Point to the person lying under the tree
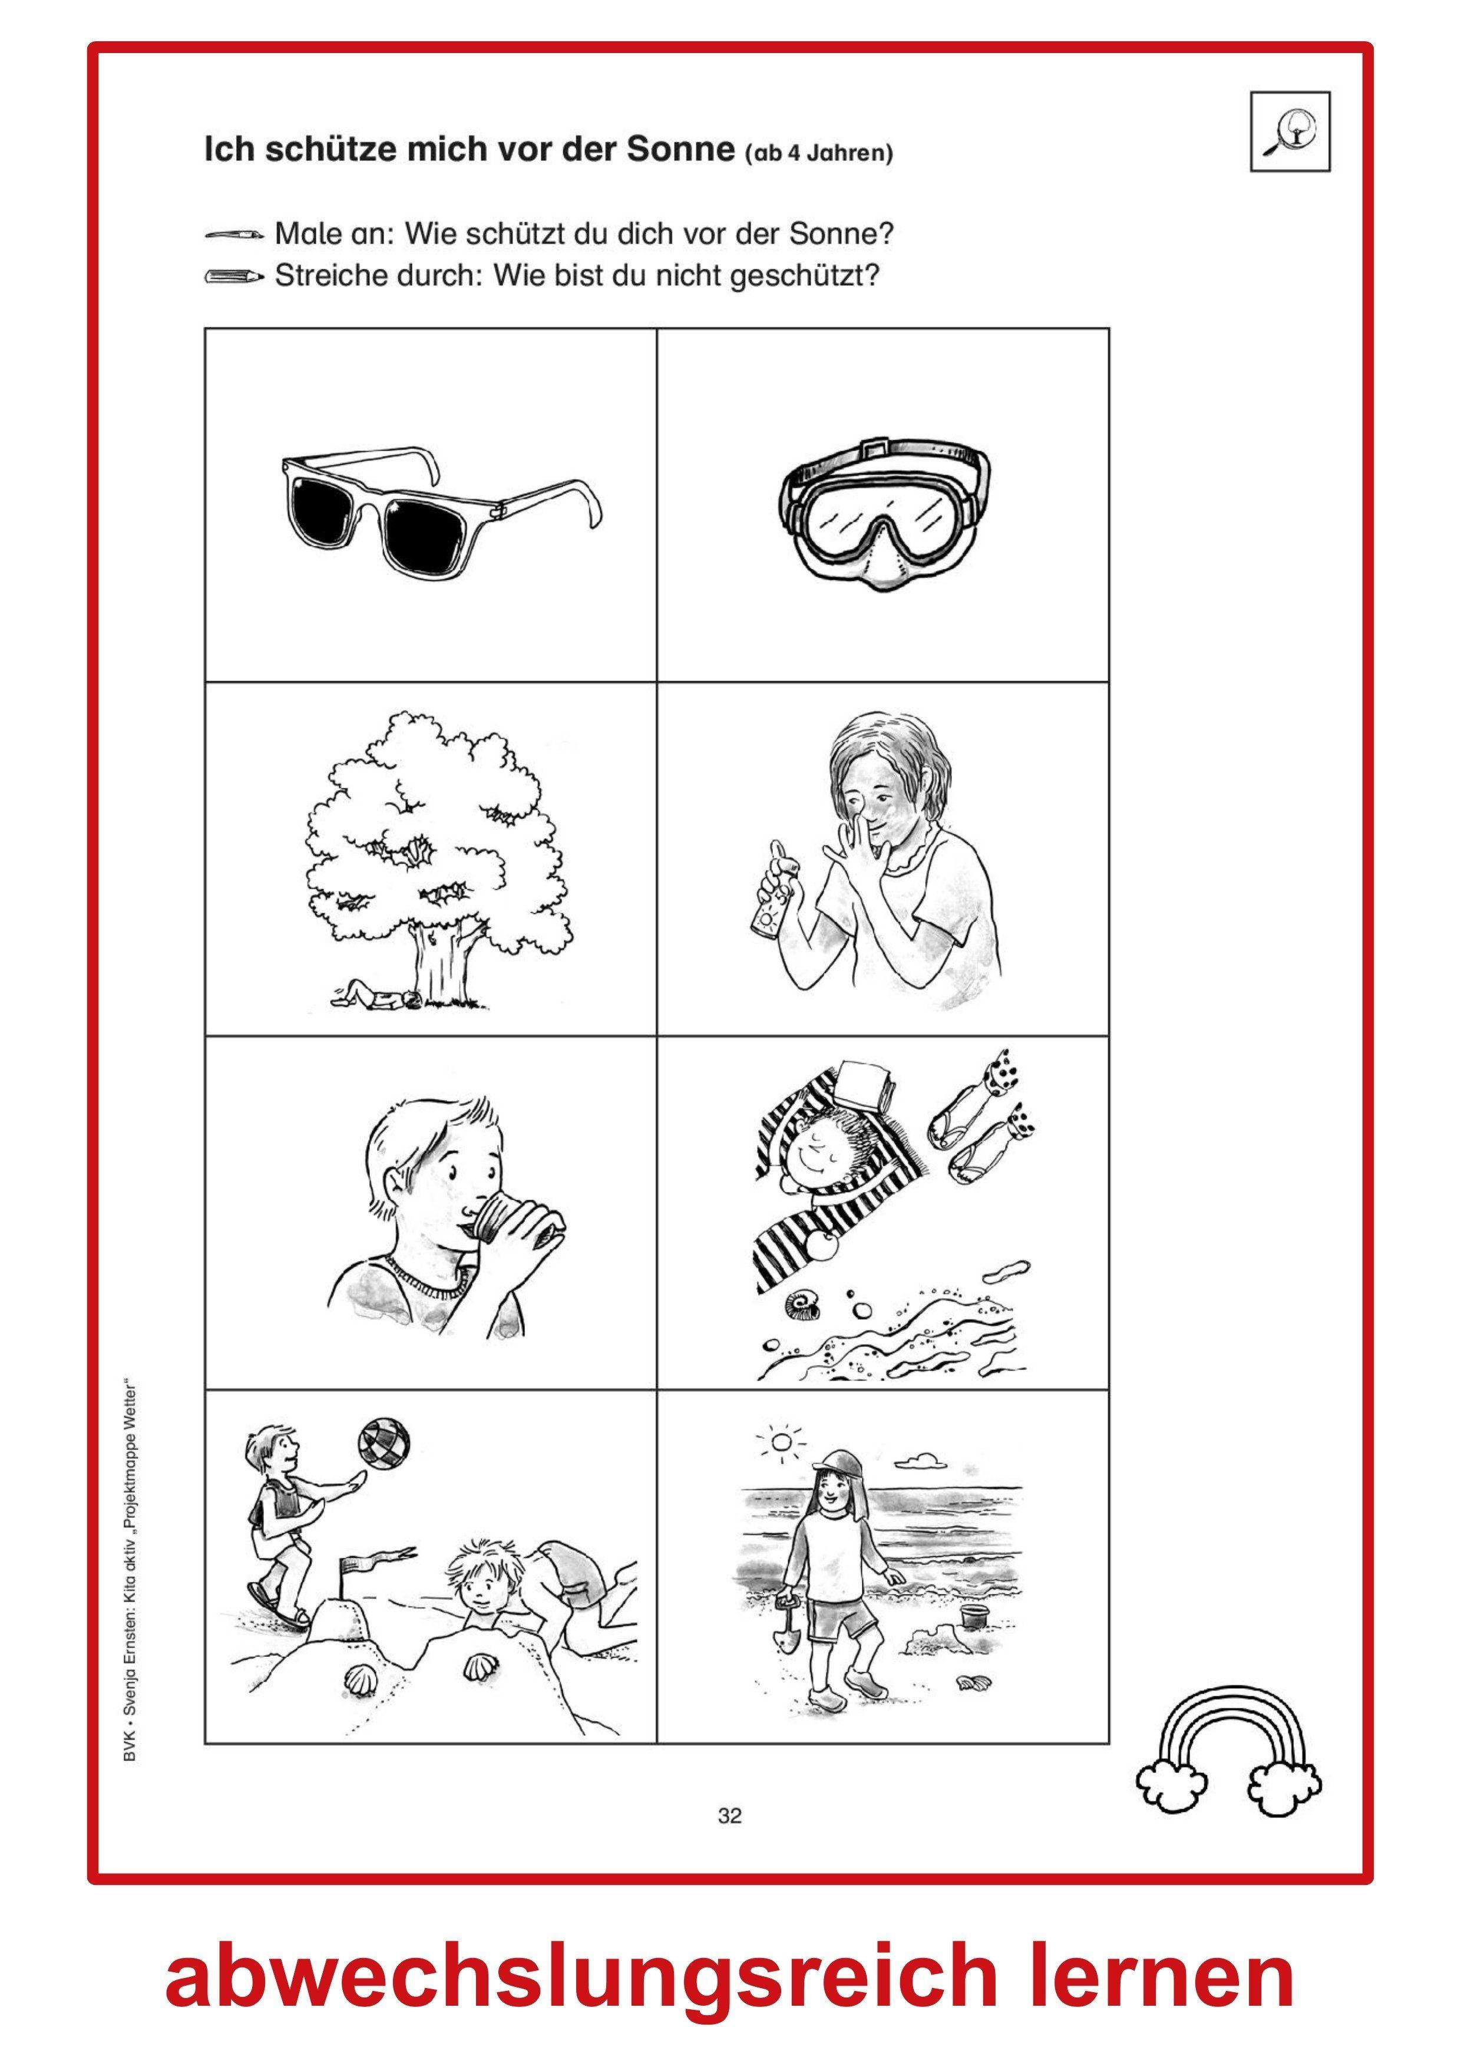[x=373, y=996]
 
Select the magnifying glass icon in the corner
[x=1290, y=131]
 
